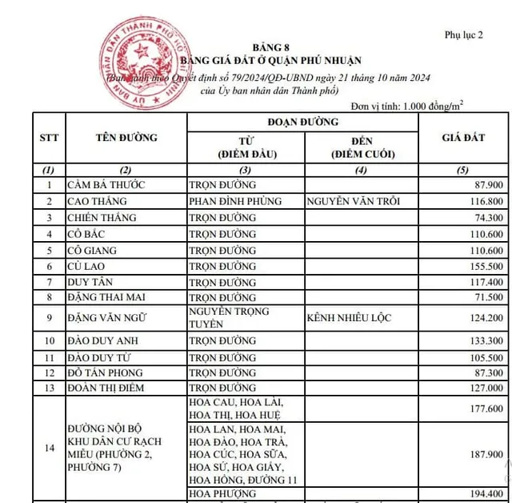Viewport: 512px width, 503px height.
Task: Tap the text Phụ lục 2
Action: tap(464, 34)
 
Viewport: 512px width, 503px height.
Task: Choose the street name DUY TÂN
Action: tap(89, 282)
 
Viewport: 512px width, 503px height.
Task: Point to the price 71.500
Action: tap(486, 298)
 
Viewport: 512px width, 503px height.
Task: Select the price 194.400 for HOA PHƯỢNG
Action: tap(482, 494)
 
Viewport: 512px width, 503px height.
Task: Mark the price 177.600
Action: tap(482, 409)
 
